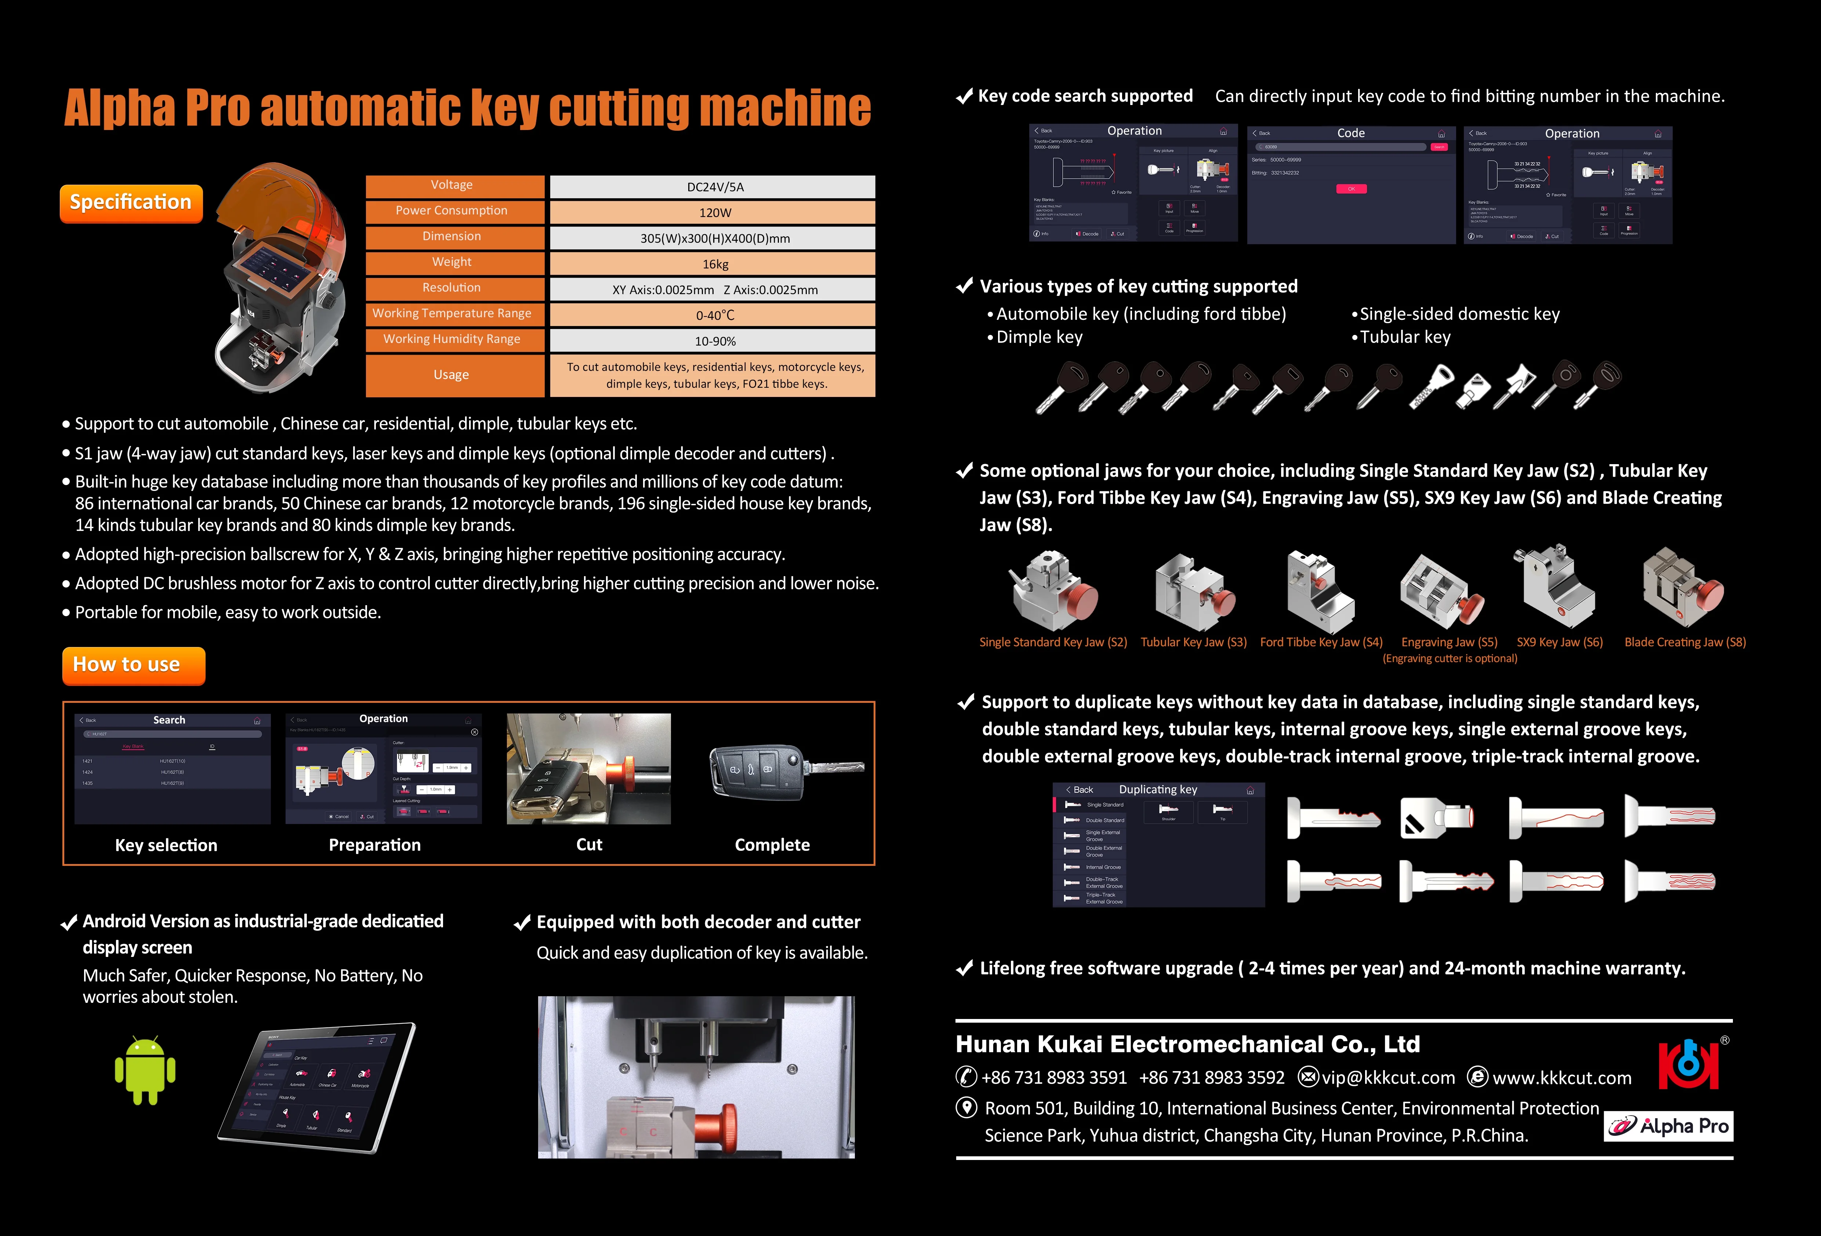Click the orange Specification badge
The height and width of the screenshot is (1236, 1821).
(x=131, y=203)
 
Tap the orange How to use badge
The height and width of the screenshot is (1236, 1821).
(x=133, y=665)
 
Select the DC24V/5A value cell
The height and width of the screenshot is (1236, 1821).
(x=712, y=187)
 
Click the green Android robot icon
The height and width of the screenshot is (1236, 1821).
(x=145, y=1071)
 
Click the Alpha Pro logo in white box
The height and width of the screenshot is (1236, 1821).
(x=1668, y=1126)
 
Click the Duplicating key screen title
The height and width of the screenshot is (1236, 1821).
(x=1157, y=789)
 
